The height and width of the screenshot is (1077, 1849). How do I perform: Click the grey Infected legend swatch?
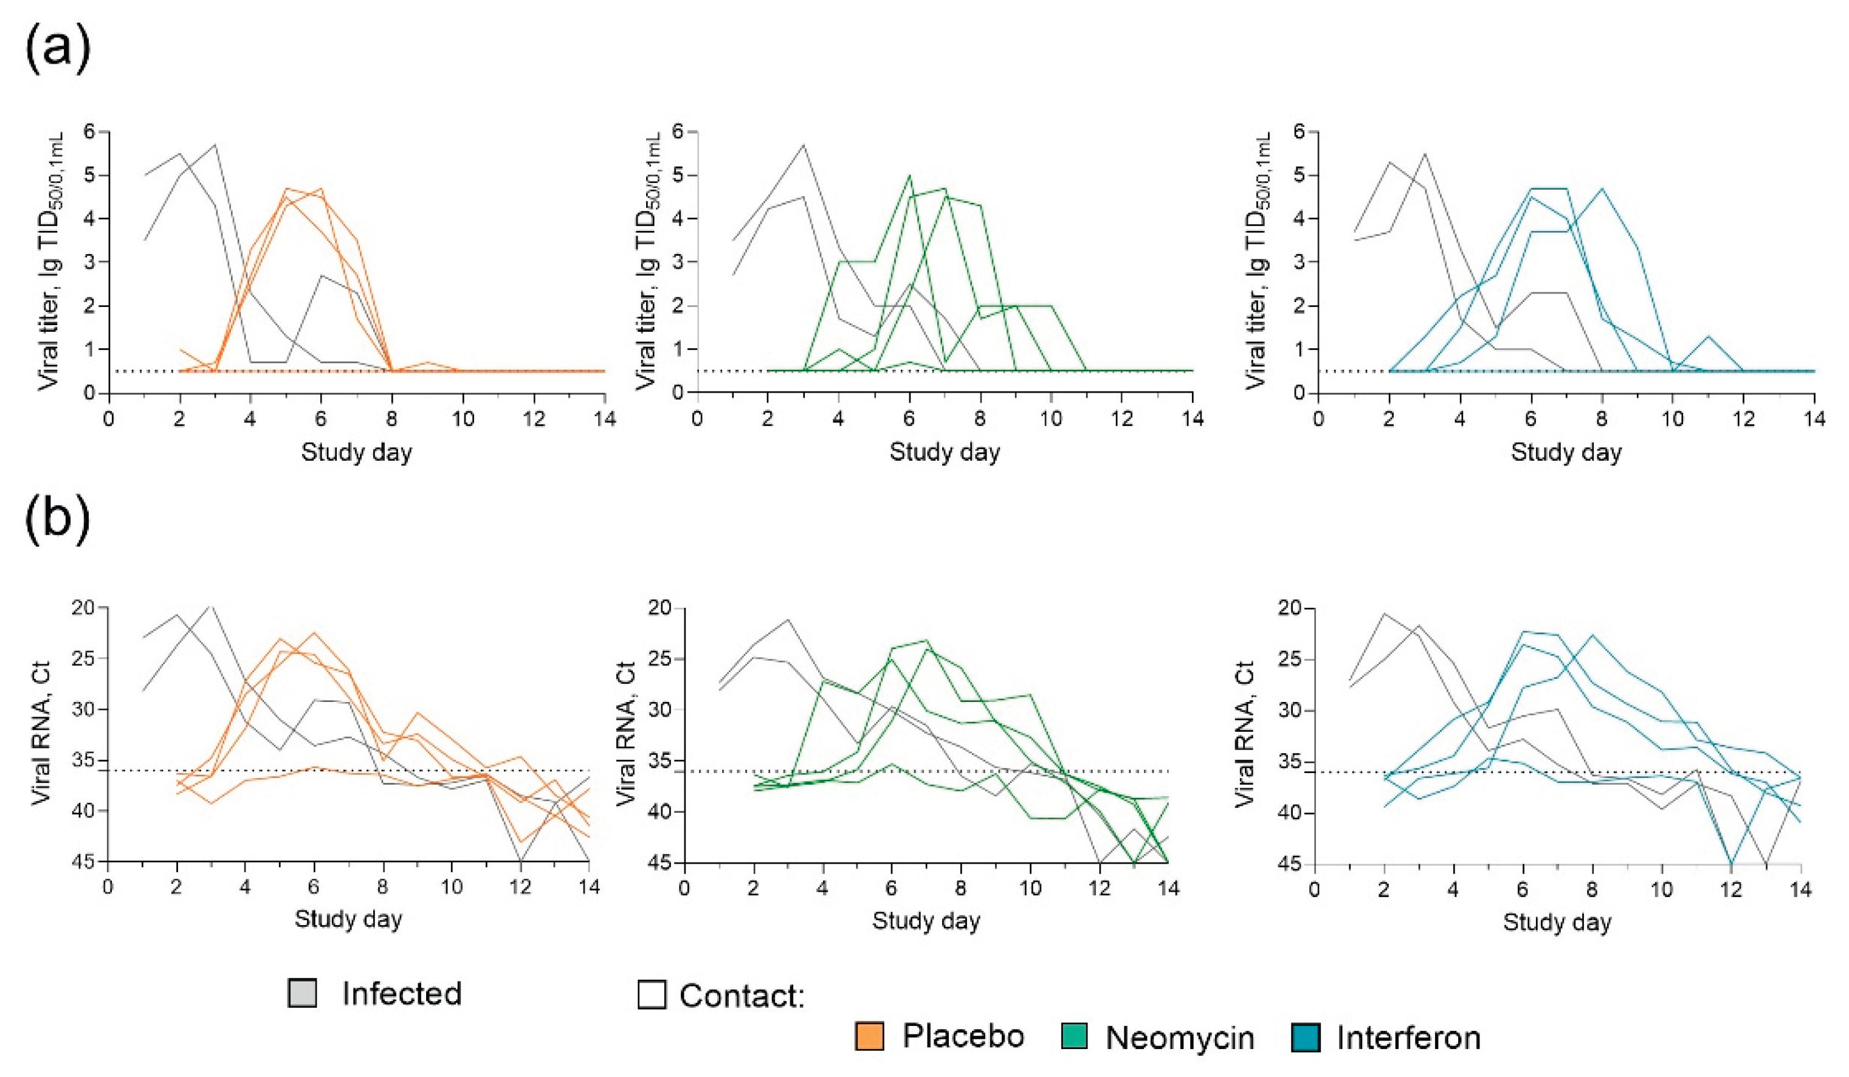pyautogui.click(x=302, y=993)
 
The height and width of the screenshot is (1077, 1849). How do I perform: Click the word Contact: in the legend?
pyautogui.click(x=742, y=996)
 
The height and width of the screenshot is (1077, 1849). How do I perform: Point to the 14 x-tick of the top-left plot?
pyautogui.click(x=603, y=419)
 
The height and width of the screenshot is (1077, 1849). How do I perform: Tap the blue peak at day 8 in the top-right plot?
pyautogui.click(x=1602, y=188)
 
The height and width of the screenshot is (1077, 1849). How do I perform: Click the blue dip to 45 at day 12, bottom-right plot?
pyautogui.click(x=1732, y=864)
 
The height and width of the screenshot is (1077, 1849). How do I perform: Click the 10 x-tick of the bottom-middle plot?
pyautogui.click(x=1030, y=888)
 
